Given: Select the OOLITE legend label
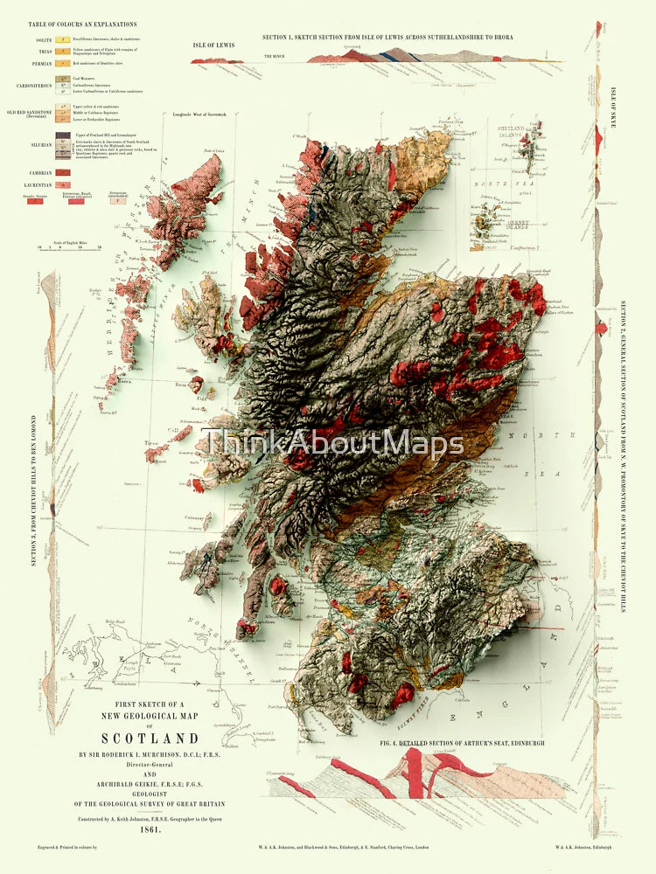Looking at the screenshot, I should (x=43, y=39).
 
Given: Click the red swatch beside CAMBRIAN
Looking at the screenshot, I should (x=63, y=172).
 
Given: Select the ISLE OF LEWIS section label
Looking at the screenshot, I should (x=214, y=45).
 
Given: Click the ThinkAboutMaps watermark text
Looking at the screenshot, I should (x=332, y=444).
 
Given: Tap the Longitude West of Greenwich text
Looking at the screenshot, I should (x=205, y=115).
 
